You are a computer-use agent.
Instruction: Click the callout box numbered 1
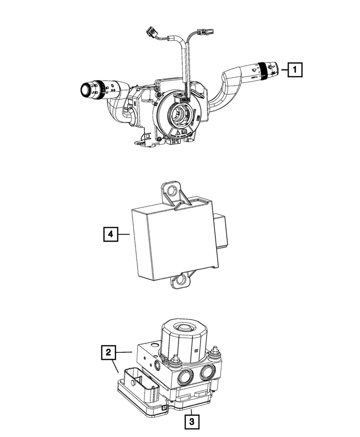295,69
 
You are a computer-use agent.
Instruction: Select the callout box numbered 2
109,352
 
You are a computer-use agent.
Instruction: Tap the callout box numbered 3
191,422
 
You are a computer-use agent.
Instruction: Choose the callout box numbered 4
111,235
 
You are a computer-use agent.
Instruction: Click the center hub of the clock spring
179,116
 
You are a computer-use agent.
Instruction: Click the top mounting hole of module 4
172,191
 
